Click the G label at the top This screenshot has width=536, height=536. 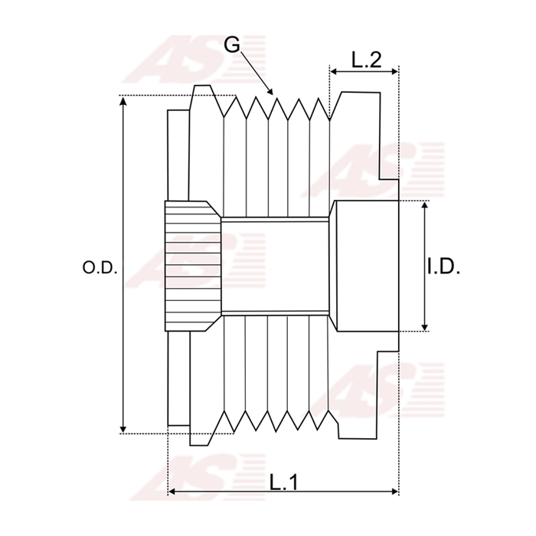click(x=232, y=44)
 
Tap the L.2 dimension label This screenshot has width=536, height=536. click(x=366, y=60)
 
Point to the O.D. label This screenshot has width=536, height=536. click(x=99, y=267)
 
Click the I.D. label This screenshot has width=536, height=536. click(x=443, y=267)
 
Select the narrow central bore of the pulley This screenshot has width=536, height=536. click(x=276, y=266)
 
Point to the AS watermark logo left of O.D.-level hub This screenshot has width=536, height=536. click(x=184, y=260)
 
